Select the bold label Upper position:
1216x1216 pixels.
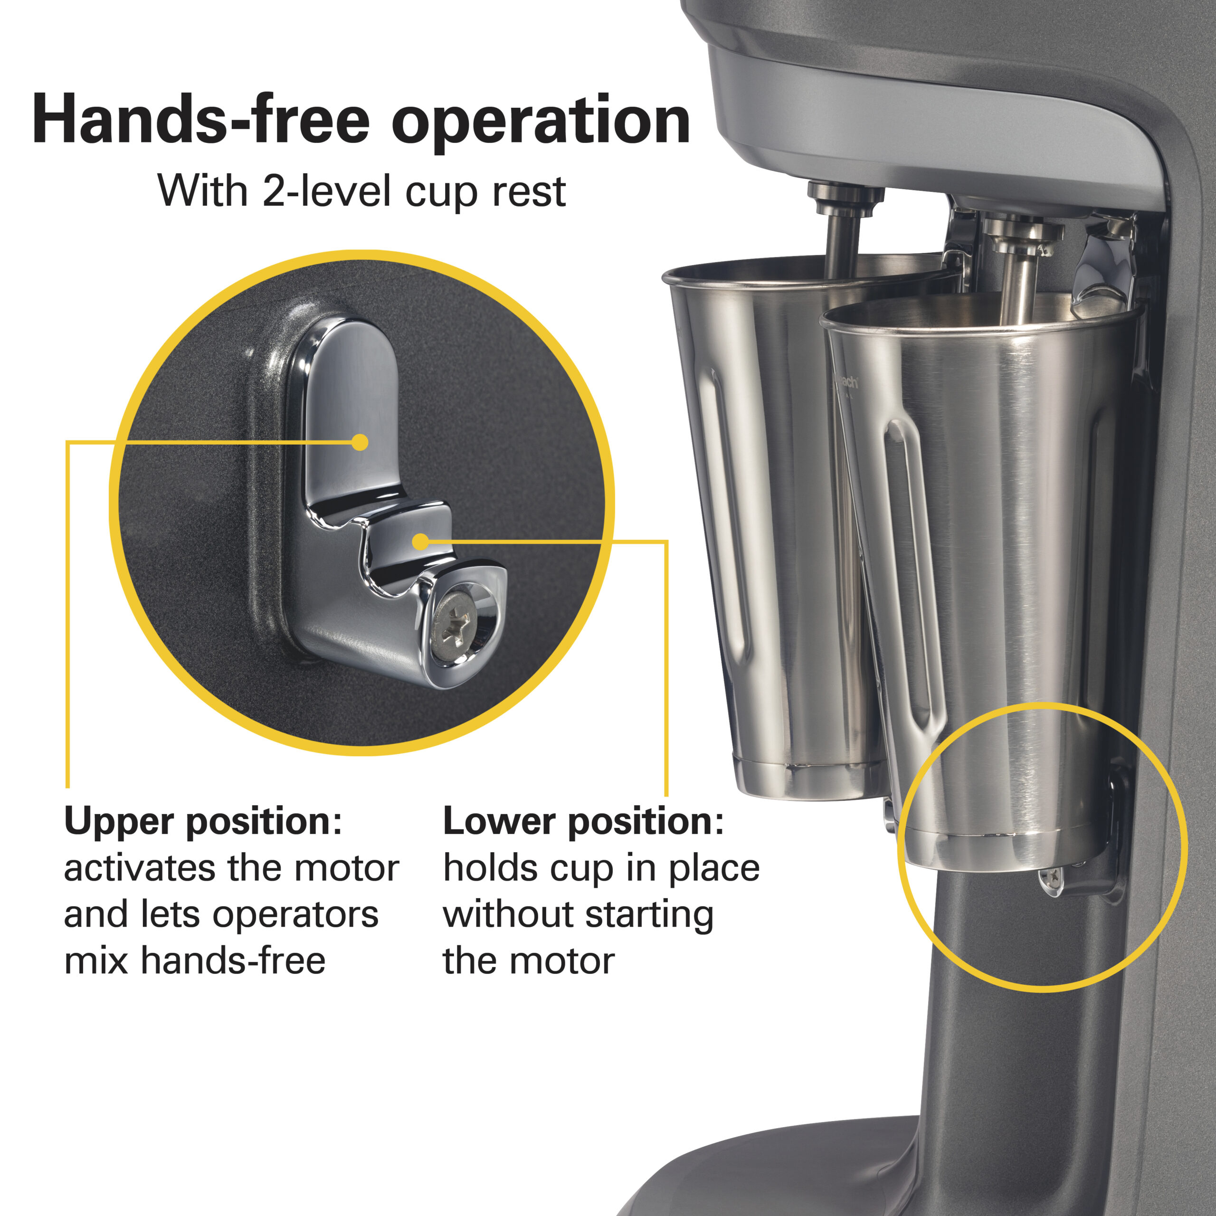203,821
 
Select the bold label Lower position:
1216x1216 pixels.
583,821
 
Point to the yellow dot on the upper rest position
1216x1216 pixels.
360,443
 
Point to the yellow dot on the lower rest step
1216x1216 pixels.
420,541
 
